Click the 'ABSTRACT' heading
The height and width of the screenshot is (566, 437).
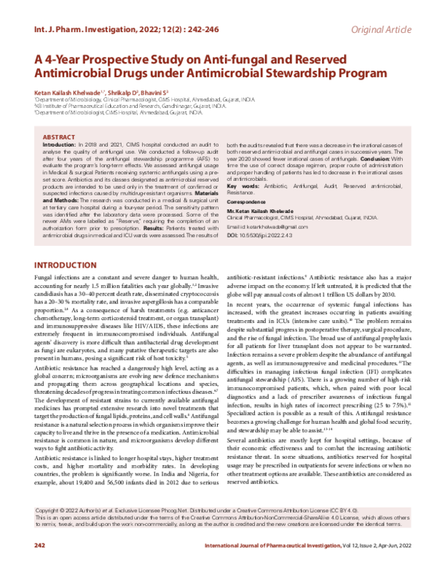pos(60,137)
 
